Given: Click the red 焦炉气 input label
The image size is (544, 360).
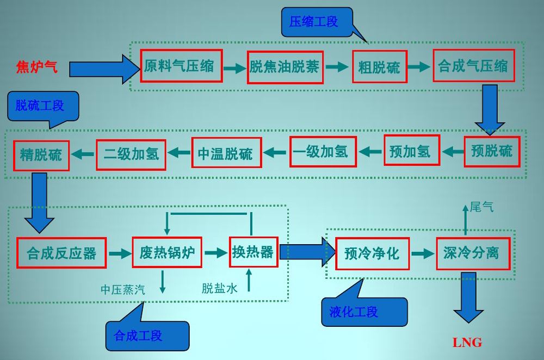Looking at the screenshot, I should coord(36,67).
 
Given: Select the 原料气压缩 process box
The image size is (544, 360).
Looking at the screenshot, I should coord(181,66).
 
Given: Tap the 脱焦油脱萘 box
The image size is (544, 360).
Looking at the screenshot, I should coord(285,67).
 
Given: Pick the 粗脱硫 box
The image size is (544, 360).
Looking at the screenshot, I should coord(379,67).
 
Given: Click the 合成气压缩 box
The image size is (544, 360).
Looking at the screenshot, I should coord(473,66).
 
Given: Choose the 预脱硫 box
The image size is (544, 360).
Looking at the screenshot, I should coord(492,151).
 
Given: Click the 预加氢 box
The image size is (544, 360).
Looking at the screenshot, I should coord(412,151).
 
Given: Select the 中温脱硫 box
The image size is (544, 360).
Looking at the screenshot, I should coord(226,153).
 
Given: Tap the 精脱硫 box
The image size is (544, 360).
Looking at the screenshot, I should coord(41,155).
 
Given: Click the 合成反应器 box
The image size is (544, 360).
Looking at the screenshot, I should coord(61,253).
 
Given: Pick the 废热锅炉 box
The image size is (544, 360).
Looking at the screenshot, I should coord(167,253).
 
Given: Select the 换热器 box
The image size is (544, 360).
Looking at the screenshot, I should coord(253,252).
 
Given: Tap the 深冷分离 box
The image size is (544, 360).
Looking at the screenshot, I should coord(473,253).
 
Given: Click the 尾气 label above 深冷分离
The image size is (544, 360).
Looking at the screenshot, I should coord(481,207).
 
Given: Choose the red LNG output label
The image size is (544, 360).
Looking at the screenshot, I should coord(467,342).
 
